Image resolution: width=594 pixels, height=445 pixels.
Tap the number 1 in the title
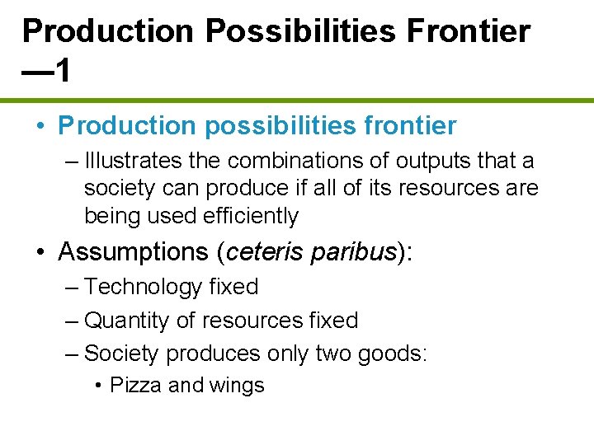point(61,71)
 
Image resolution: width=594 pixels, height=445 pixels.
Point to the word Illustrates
point(125,160)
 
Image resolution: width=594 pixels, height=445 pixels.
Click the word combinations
point(294,160)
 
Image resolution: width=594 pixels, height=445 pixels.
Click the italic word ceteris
point(264,251)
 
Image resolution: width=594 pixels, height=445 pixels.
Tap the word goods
point(396,354)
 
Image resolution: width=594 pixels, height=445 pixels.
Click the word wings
point(237,386)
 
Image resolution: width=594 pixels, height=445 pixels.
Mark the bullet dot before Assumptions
point(40,252)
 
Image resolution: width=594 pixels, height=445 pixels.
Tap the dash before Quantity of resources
point(71,320)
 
